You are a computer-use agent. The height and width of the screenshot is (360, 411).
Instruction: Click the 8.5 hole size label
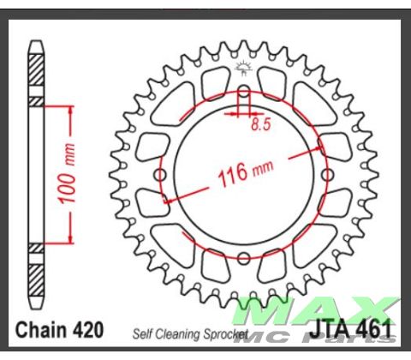(x=260, y=125)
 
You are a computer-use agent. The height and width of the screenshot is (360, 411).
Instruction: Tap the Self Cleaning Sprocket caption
(x=189, y=333)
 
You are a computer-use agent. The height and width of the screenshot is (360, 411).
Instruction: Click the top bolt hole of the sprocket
(x=243, y=91)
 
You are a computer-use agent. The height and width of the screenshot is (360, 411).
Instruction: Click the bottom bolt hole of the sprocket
(x=243, y=259)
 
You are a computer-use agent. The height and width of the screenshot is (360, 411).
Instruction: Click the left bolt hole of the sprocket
(x=160, y=175)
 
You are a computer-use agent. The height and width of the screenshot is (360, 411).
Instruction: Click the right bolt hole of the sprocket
(x=327, y=175)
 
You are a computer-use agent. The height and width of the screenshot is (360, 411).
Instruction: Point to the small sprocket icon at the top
(x=242, y=68)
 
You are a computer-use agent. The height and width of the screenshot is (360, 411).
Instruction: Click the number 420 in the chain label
(x=88, y=329)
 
